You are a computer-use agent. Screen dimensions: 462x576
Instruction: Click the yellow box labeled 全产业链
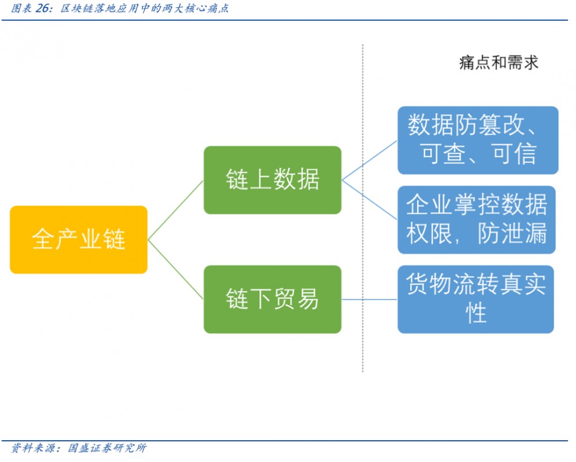coord(78,239)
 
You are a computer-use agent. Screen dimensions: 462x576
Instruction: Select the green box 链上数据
coord(272,180)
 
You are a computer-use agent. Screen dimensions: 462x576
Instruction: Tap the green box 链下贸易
coord(272,299)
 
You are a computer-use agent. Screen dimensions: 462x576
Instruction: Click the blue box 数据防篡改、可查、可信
coord(478,140)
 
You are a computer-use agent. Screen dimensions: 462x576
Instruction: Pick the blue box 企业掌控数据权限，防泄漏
coord(476,220)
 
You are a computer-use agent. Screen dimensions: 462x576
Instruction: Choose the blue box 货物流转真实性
coord(476,299)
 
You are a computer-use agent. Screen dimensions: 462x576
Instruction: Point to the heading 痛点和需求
coord(498,63)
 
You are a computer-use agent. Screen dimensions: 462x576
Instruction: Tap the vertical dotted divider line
coord(363,230)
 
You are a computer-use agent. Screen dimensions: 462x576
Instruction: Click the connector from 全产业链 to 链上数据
coord(176,210)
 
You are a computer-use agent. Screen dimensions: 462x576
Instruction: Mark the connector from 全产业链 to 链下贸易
coord(176,269)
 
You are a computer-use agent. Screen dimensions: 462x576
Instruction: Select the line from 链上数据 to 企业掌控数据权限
coord(369,200)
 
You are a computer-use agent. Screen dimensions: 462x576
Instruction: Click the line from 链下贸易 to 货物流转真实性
coord(369,299)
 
